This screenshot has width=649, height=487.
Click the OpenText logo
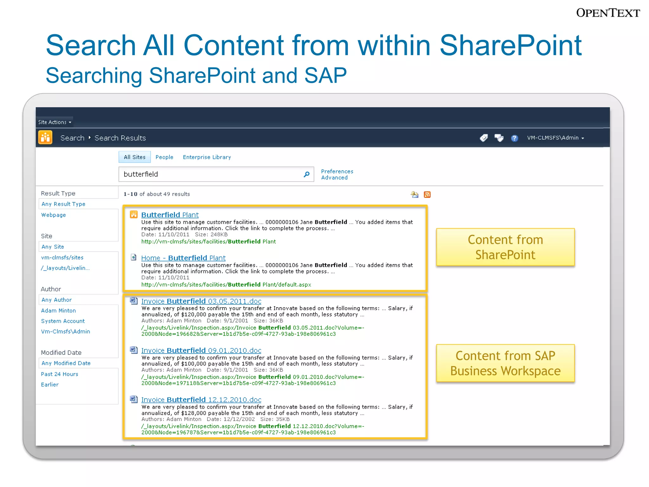[x=608, y=13]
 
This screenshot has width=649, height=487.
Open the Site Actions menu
[x=55, y=122]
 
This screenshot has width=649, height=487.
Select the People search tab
[x=164, y=157]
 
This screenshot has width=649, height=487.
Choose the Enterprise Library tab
[x=207, y=157]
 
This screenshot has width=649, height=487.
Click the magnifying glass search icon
[x=306, y=174]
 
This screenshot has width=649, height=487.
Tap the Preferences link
[x=337, y=171]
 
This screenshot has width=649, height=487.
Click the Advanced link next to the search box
[x=334, y=178]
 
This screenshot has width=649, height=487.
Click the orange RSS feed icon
[x=427, y=194]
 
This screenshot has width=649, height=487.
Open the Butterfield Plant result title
[x=170, y=215]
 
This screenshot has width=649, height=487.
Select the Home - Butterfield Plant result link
[x=183, y=258]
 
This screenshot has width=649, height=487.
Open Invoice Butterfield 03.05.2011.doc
[x=201, y=301]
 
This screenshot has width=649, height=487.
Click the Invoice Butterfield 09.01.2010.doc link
[x=201, y=350]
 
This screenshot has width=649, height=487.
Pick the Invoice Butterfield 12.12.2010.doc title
[x=201, y=399]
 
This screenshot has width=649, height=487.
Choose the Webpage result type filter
[x=54, y=215]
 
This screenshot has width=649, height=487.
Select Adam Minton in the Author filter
[x=58, y=310]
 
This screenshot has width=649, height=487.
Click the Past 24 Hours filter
[x=60, y=374]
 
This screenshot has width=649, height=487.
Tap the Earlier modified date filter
[x=50, y=385]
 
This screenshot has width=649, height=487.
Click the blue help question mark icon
[x=514, y=138]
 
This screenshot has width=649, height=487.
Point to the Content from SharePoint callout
[x=505, y=247]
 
